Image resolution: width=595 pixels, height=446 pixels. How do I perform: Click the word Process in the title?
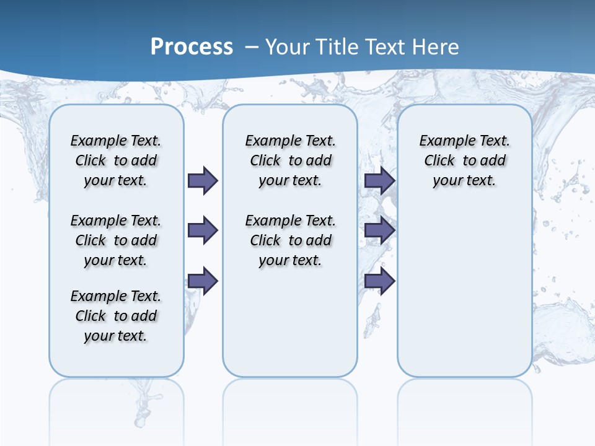(192, 47)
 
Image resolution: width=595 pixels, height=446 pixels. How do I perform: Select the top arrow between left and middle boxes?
(203, 180)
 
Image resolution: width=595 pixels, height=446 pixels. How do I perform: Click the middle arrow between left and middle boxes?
(203, 231)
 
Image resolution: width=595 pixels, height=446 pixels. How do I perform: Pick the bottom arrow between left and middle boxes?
(203, 281)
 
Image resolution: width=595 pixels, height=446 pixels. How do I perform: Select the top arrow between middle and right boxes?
(379, 180)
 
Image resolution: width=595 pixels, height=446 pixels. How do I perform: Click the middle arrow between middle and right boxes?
(379, 231)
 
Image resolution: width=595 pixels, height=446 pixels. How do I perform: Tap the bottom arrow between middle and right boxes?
(379, 281)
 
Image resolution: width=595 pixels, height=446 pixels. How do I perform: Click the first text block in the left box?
(116, 160)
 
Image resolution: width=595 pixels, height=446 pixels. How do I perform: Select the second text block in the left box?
(116, 240)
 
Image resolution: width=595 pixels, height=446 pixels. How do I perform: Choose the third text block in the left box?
(116, 316)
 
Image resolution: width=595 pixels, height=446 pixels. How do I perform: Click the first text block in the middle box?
(290, 160)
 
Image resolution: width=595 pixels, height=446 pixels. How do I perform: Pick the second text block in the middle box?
(290, 240)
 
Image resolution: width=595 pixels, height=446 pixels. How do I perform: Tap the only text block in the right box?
(464, 160)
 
